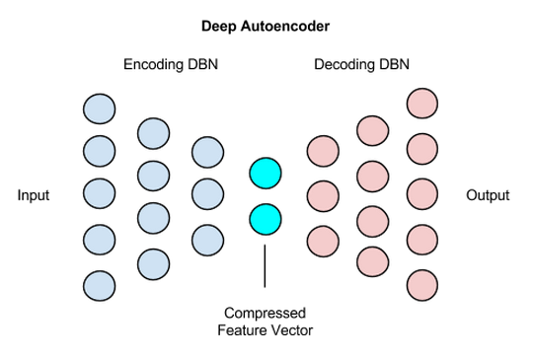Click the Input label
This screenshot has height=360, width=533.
[x=34, y=195]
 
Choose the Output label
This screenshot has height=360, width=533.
[x=488, y=195]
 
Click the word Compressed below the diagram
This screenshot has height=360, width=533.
[x=265, y=313]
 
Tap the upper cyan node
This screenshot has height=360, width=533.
[x=265, y=174]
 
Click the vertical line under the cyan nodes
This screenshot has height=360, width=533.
[x=265, y=264]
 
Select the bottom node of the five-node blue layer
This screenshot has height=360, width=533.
[x=100, y=285]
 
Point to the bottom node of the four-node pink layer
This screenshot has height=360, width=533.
[x=371, y=260]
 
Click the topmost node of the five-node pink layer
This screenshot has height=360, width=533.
[x=422, y=103]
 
